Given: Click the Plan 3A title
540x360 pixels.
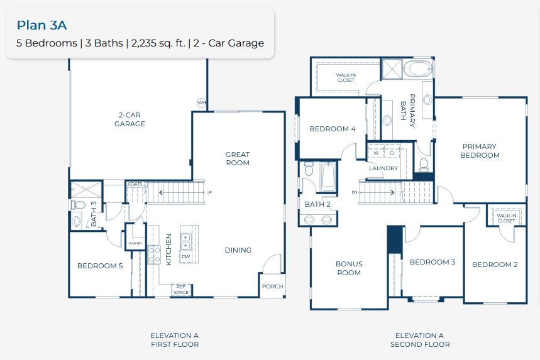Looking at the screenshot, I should [41, 25].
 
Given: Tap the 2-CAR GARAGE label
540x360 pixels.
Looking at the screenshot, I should [129, 119].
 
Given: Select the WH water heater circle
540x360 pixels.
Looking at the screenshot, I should [201, 102].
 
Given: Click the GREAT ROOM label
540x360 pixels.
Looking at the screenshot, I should [238, 158].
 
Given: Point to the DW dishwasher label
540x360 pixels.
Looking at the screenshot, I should [185, 256].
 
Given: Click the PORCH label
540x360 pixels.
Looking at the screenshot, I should [273, 286].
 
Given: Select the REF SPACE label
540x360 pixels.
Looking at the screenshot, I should [181, 289].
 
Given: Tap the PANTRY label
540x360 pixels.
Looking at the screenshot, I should [136, 243].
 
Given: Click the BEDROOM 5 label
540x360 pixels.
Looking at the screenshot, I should [100, 266].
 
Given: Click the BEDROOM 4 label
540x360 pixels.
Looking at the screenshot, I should [332, 129].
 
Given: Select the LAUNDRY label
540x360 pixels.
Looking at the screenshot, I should [383, 168].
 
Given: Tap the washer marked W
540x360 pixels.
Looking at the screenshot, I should [376, 153].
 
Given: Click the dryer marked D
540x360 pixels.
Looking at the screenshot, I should [392, 153].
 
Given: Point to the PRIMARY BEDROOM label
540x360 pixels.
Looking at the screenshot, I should [479, 151].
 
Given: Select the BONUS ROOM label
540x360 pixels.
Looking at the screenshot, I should [348, 268].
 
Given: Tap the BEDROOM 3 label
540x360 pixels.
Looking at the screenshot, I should [433, 262].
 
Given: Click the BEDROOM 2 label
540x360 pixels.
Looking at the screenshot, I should [495, 265].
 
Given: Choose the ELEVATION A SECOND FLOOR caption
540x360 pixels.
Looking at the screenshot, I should [419, 340].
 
